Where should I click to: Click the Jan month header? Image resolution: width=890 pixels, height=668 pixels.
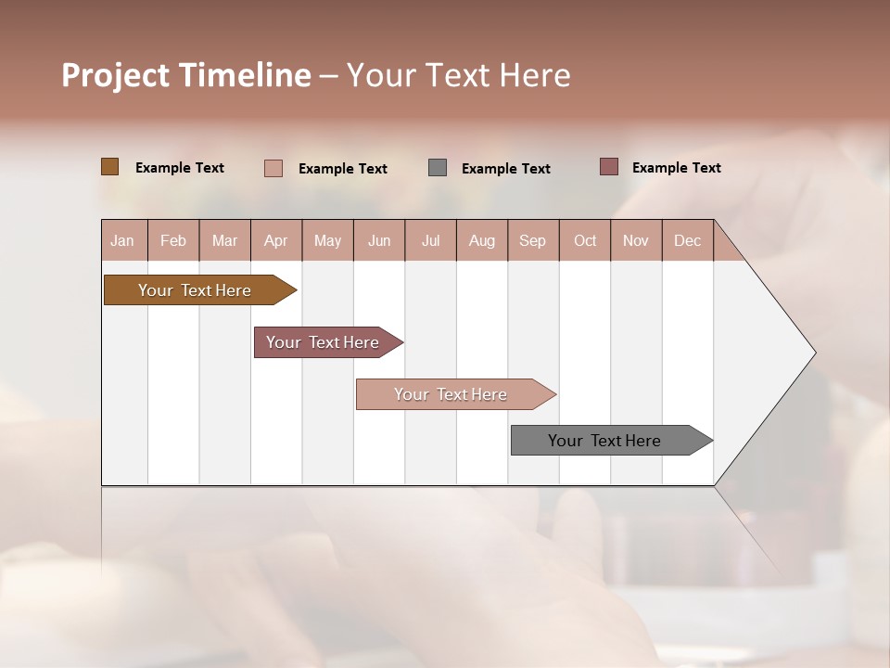point(122,240)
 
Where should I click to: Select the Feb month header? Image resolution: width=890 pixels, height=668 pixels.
point(173,240)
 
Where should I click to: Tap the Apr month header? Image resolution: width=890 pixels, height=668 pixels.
point(275,240)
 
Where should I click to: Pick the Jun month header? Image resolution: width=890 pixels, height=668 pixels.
point(379,240)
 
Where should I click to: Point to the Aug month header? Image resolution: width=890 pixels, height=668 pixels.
point(481,240)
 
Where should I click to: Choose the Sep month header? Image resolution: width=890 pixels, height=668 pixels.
point(532,240)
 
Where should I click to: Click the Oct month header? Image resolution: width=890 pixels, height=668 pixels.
point(585,240)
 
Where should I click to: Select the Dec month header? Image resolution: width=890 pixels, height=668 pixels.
point(687,240)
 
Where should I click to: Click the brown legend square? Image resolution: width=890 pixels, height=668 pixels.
point(109,167)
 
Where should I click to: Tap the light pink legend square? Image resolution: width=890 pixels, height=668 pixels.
point(273,168)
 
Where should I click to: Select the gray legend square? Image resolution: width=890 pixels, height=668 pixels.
point(438,168)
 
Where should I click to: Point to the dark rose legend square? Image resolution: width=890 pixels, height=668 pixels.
point(608,167)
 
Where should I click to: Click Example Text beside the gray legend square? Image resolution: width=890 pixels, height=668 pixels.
point(506,169)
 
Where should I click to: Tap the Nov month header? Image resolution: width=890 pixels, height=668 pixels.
point(636,240)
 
